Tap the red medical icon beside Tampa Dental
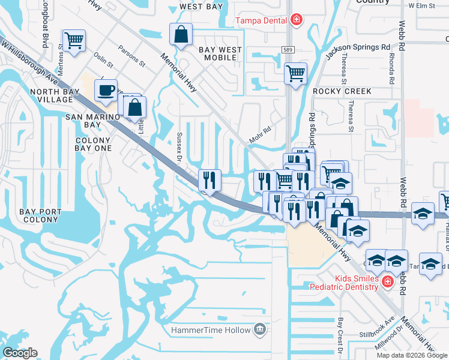[x=295, y=20]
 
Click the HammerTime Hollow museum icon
[x=259, y=329]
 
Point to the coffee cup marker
[x=106, y=90]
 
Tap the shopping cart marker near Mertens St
[x=73, y=41]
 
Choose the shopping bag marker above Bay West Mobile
[x=181, y=35]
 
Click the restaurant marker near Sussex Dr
[x=209, y=179]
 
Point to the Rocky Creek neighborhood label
[x=342, y=91]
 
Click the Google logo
[x=20, y=353]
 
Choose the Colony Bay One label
[x=93, y=144]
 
